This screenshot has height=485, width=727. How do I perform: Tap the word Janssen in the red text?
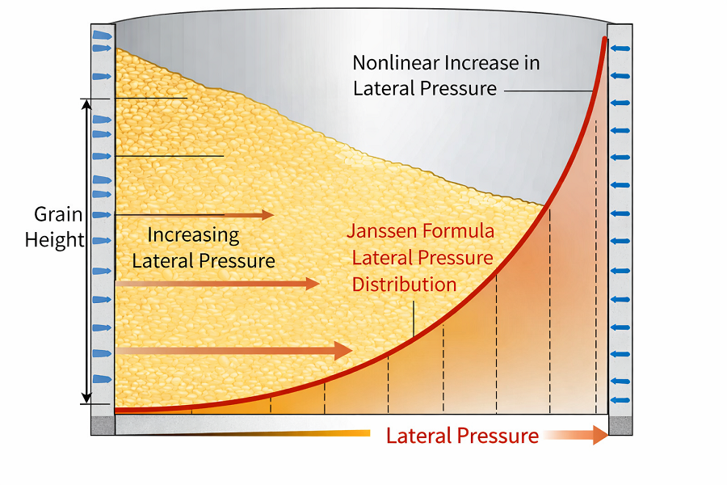pos(379,230)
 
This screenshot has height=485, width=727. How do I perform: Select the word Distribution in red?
pos(405,285)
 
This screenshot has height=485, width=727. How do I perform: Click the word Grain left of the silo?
pos(58,214)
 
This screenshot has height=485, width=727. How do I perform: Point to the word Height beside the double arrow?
pos(55,240)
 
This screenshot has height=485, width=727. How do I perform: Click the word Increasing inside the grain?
pos(193,235)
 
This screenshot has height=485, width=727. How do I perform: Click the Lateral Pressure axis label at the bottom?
pos(462,436)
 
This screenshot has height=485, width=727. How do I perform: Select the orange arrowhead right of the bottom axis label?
pos(600,435)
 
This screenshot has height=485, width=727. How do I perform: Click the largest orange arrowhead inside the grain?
pos(343,350)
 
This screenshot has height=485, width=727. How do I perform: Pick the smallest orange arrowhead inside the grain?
pos(268,214)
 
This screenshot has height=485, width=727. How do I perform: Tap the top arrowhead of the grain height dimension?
pos(86,104)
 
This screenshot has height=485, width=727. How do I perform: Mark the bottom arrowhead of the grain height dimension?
pos(86,399)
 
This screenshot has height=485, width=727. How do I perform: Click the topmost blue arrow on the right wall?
pos(620,48)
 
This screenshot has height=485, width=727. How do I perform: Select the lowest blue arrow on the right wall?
pos(620,400)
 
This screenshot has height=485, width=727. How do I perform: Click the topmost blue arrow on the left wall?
pos(103,36)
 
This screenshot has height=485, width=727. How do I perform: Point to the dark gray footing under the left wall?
pos(103,426)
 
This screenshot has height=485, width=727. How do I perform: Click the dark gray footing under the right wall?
pos(620,426)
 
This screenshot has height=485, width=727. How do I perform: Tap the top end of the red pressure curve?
pos(604,39)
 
